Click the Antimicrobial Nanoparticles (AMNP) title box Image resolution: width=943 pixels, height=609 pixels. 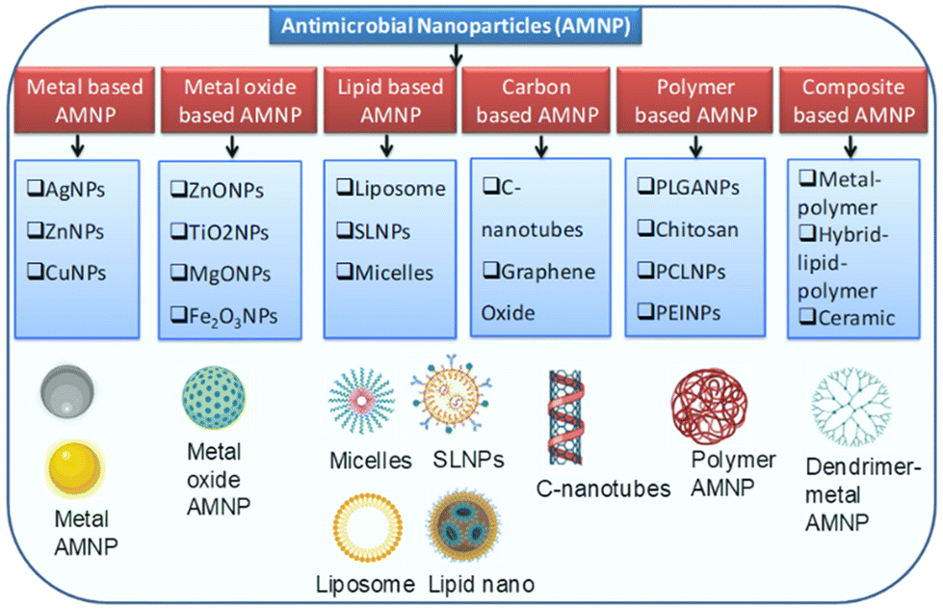coord(457,26)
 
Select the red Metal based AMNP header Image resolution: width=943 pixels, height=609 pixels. coord(85,100)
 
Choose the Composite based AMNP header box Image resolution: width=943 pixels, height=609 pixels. coord(852,100)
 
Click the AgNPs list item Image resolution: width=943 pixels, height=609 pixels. coord(74,189)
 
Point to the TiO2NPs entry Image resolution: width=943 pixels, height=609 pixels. coord(226,232)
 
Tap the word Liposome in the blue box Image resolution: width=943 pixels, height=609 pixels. coord(400,189)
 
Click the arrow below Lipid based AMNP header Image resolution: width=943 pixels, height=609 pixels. coord(387,146)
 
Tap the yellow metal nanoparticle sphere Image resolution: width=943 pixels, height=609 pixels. coord(75,471)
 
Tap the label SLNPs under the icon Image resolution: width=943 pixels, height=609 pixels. coord(469,459)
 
